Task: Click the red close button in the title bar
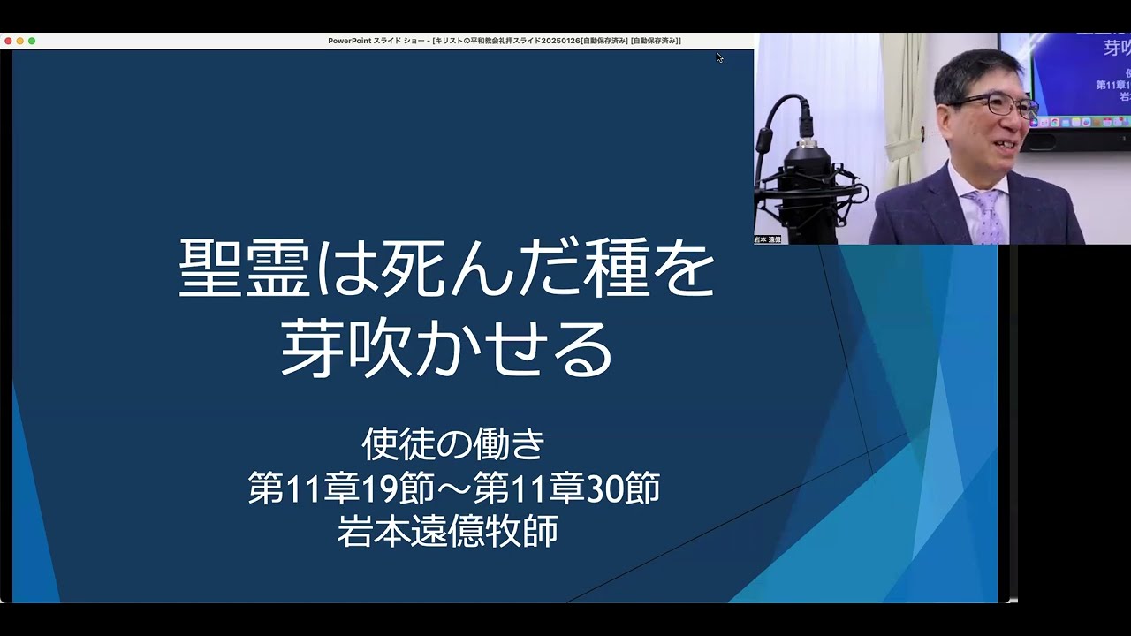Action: [8, 41]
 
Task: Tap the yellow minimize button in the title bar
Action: [20, 41]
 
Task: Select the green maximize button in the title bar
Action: [32, 41]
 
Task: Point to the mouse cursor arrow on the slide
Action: [719, 57]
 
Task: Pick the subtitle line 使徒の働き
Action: [452, 444]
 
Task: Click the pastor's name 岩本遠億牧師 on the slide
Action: [448, 532]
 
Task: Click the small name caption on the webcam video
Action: [768, 239]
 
